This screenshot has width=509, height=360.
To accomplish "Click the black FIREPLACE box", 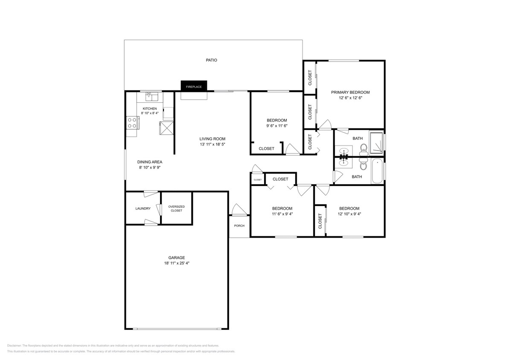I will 194,86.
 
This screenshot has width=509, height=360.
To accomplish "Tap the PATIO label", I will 211,60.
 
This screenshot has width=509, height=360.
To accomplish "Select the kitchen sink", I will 151,96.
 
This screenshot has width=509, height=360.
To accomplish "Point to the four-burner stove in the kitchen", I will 132,123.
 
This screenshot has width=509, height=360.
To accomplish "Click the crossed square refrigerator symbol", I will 166,128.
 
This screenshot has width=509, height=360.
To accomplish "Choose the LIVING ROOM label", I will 212,139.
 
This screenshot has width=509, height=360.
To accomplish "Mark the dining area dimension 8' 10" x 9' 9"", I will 149,168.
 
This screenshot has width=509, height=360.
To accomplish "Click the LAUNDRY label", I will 143,209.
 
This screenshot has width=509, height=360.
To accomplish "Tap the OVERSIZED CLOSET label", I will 176,208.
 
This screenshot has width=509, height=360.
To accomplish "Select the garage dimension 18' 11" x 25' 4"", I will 176,263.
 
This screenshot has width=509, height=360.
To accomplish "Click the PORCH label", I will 239,226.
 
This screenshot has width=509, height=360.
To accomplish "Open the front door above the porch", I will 238,210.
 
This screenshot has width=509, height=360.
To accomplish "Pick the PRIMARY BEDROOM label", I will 350,92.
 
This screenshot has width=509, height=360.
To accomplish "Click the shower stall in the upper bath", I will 376,142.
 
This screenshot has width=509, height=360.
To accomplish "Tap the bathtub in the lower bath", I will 377,171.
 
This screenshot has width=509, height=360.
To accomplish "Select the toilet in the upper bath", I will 364,148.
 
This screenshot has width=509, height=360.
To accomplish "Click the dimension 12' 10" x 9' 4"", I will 349,214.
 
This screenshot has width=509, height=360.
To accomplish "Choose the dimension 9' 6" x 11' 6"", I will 276,126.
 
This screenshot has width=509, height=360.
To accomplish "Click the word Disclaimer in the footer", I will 14,345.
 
